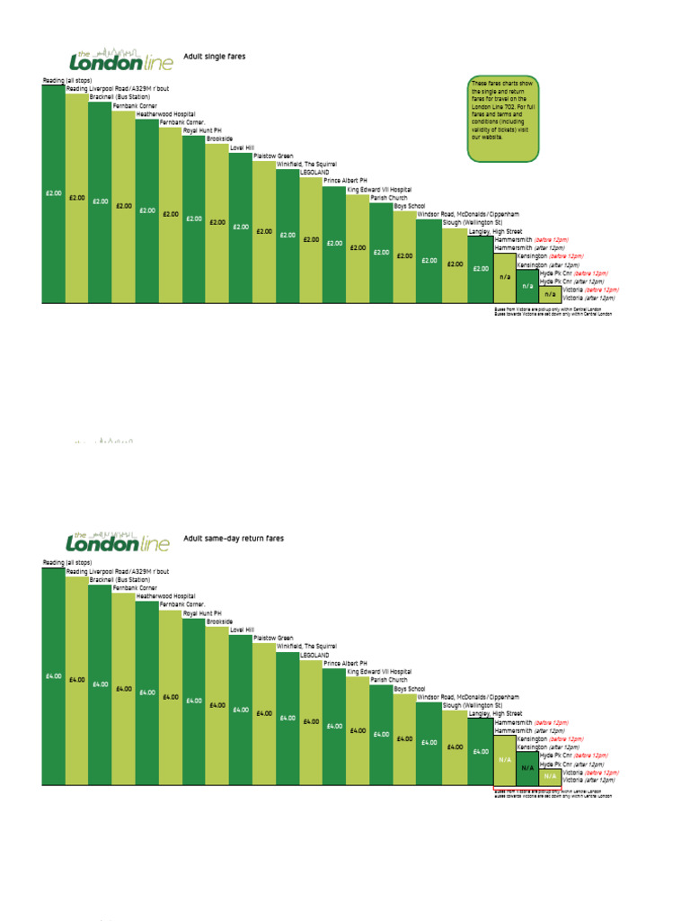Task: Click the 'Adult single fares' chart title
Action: tap(214, 57)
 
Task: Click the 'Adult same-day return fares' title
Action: tap(234, 538)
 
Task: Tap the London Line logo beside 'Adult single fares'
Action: tap(118, 59)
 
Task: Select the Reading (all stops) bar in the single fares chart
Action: tap(53, 193)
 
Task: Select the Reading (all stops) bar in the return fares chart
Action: tap(53, 675)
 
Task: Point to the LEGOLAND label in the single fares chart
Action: tap(314, 172)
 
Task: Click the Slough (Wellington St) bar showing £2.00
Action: tap(455, 265)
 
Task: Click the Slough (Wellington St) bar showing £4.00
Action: tap(455, 747)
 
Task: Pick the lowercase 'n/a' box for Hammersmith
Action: tap(504, 278)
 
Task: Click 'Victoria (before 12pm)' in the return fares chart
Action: tap(590, 773)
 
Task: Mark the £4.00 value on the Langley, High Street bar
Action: tap(481, 751)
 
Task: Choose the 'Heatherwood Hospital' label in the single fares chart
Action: tap(165, 115)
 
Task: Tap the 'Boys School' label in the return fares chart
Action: tap(410, 689)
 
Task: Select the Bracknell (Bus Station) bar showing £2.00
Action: tap(100, 201)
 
